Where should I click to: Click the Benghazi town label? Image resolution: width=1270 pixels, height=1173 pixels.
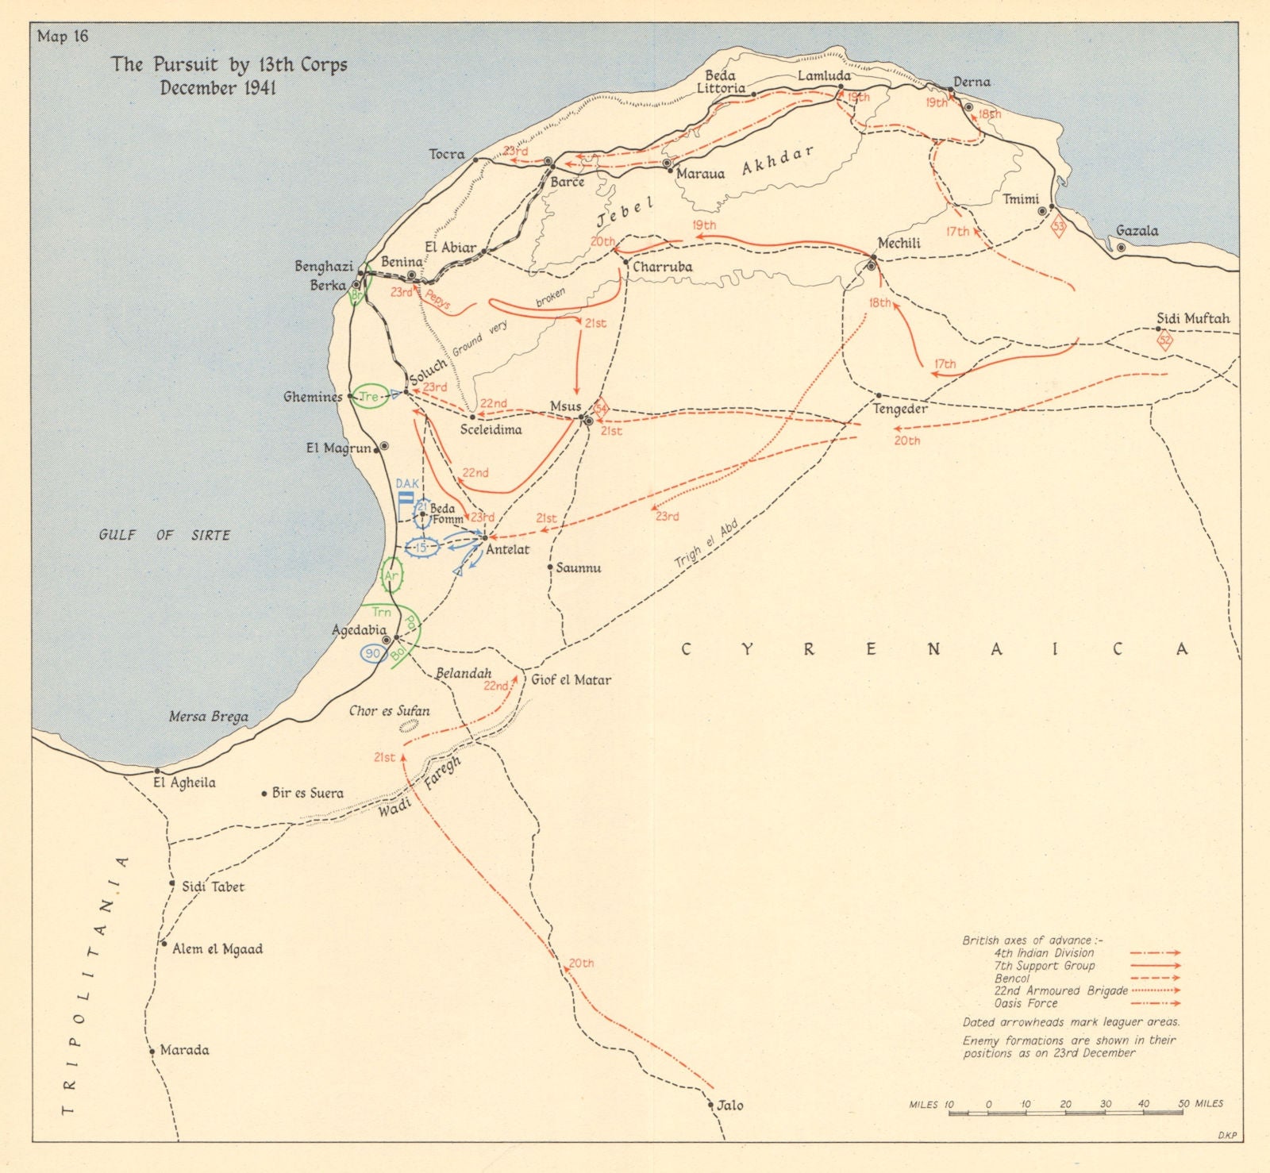pos(323,267)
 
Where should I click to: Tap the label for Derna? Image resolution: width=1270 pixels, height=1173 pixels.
pos(972,82)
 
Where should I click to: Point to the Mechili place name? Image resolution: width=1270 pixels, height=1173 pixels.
pos(899,244)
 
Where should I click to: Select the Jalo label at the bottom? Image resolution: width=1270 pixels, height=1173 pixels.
pos(729,1105)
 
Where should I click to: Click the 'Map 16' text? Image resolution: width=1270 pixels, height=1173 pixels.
pos(63,37)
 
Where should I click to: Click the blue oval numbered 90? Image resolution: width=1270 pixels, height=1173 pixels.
pos(373,653)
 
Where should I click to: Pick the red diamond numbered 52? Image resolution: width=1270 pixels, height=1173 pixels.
pos(1164,342)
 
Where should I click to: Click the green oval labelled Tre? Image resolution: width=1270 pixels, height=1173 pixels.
pos(369,396)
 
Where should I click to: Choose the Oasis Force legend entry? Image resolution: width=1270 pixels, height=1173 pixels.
pos(1026,1003)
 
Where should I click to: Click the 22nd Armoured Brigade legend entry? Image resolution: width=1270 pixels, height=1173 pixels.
pos(1060,990)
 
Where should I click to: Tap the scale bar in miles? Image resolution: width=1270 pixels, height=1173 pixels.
pos(1065,1113)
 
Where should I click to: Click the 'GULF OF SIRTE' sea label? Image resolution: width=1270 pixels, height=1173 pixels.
pos(164,536)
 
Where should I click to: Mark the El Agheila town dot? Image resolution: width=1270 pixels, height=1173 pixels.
pos(157,771)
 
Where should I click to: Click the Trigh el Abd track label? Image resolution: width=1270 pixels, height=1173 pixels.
pos(707,544)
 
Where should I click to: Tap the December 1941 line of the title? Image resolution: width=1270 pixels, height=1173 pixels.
pos(218,87)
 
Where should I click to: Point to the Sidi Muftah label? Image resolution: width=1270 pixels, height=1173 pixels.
pos(1192,318)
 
